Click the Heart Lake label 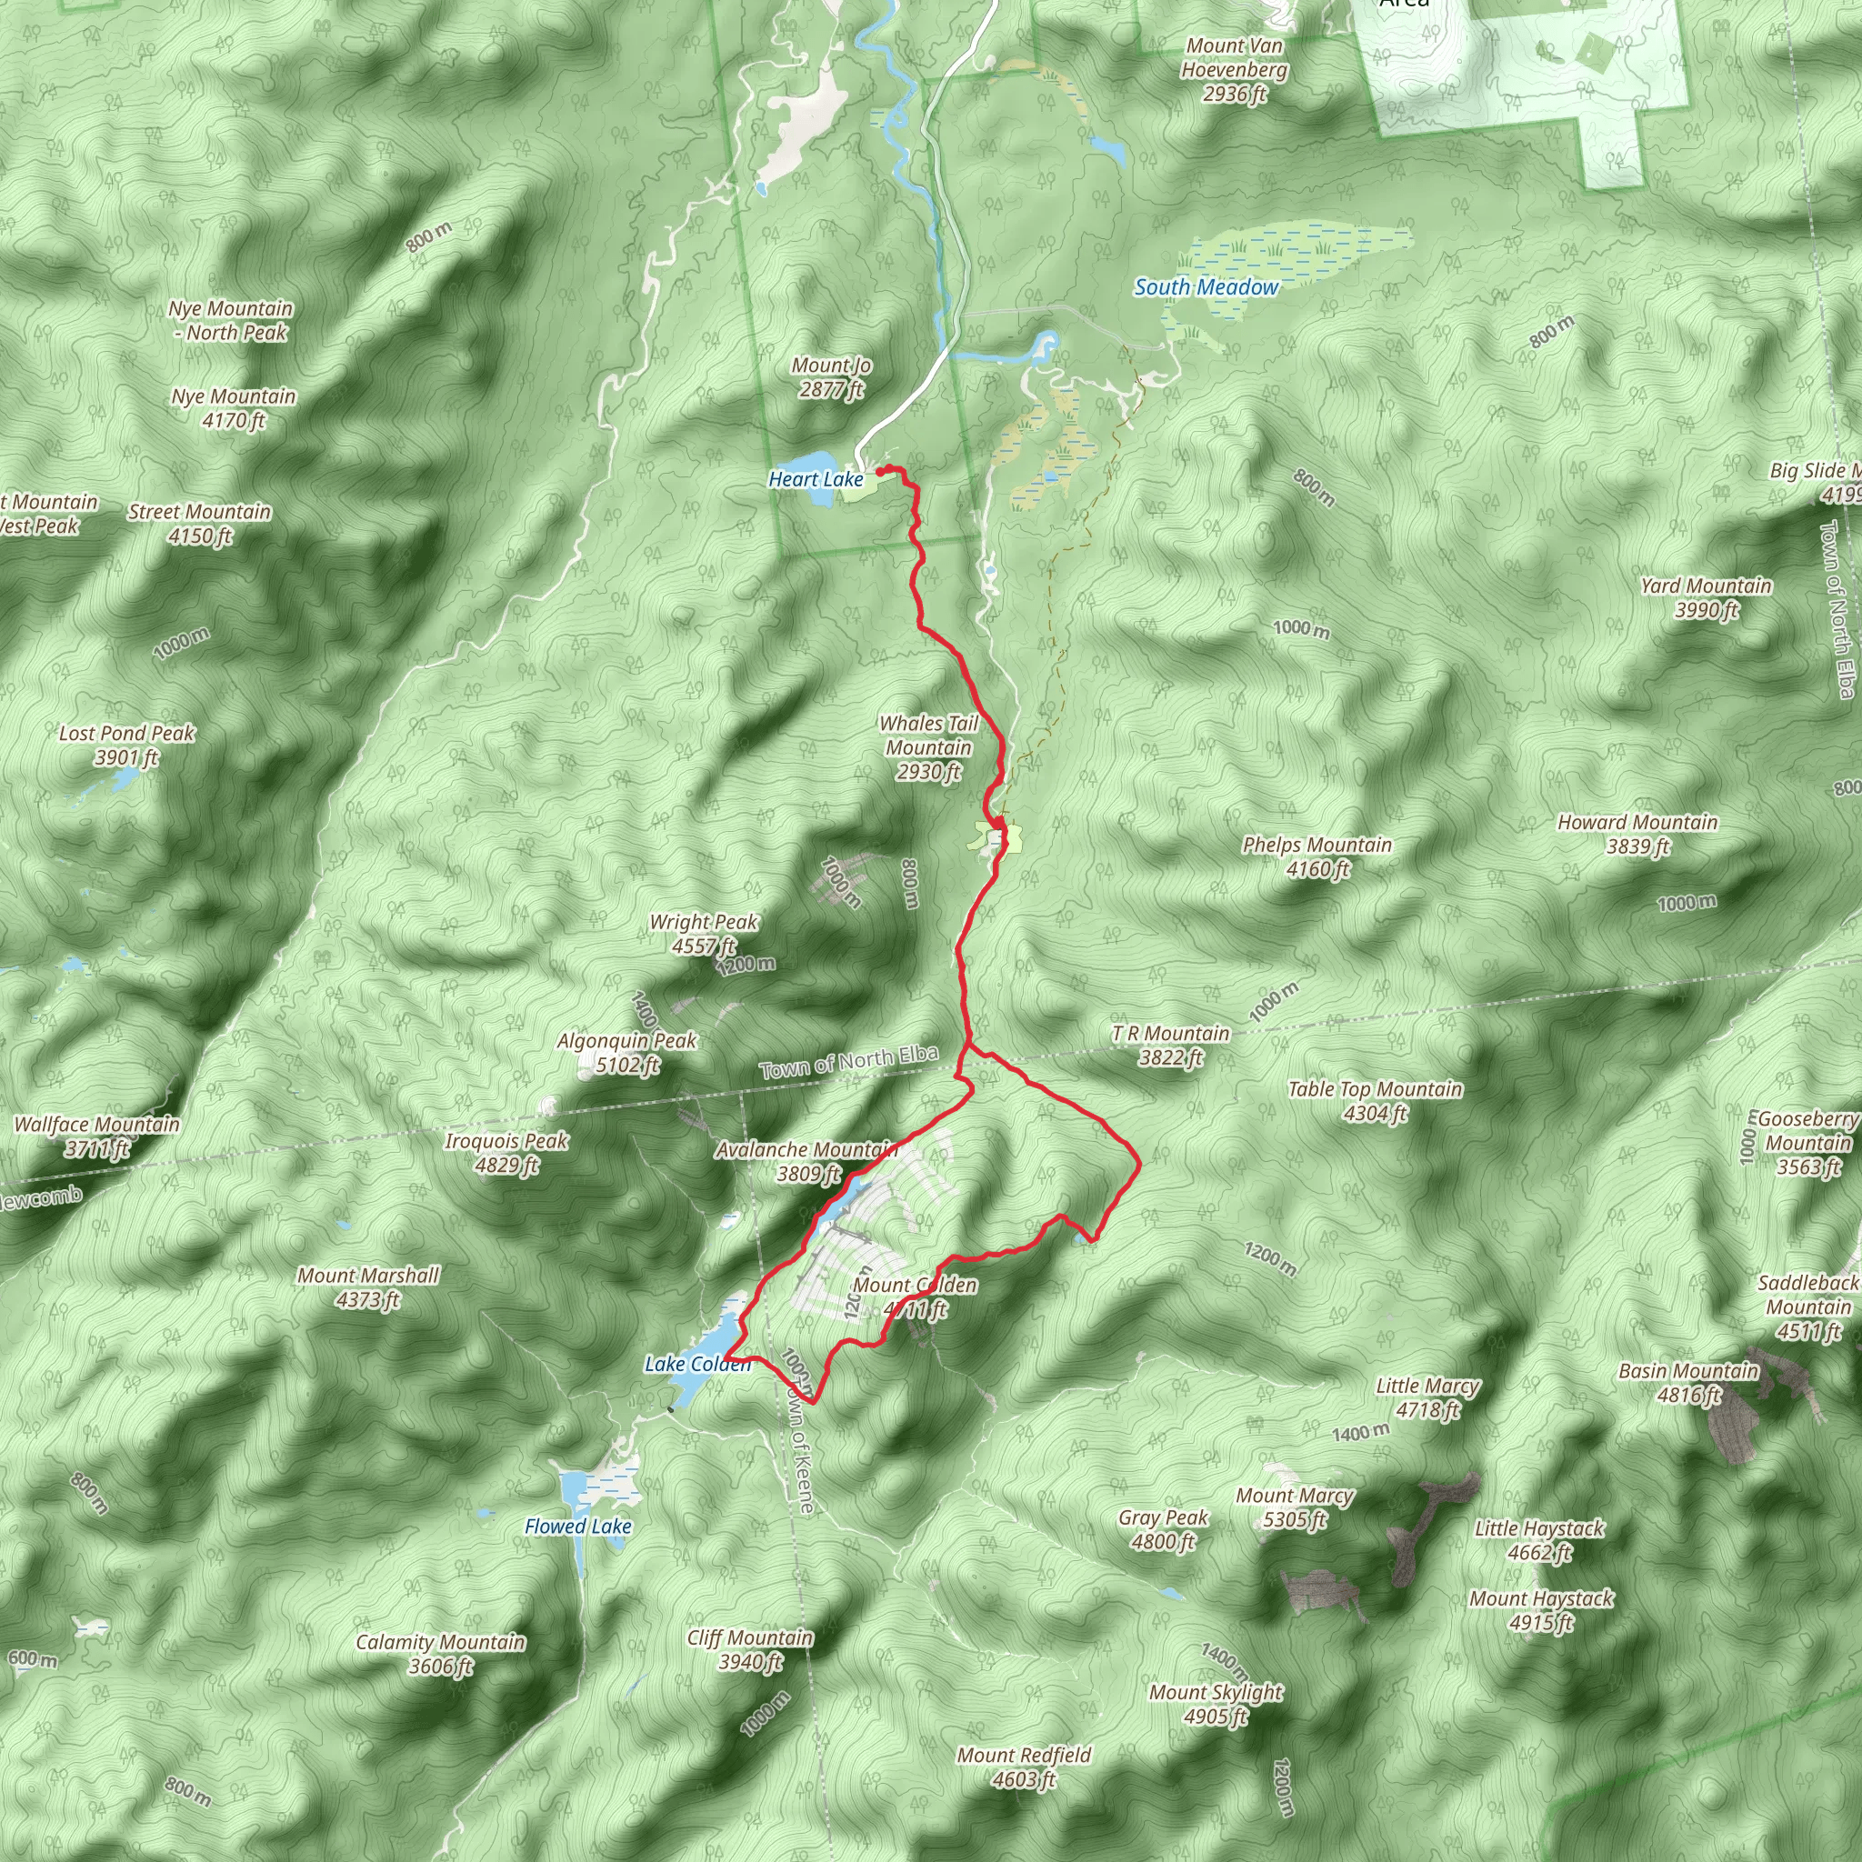(x=816, y=479)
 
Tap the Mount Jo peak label (x=831, y=376)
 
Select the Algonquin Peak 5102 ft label (x=626, y=1053)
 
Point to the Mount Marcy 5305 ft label (x=1295, y=1507)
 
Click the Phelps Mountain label (x=1316, y=856)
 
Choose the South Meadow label (x=1206, y=287)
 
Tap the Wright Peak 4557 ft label (x=704, y=934)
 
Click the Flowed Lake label (x=577, y=1527)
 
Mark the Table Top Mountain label (x=1376, y=1101)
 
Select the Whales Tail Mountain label (x=928, y=747)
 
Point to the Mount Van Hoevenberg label (x=1234, y=69)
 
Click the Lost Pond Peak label (x=126, y=745)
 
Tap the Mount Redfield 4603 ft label (x=1024, y=1767)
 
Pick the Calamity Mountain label (x=440, y=1654)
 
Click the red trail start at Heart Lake (x=881, y=470)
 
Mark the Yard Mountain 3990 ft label (x=1706, y=597)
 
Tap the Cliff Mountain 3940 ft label (x=750, y=1649)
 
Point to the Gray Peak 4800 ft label (x=1163, y=1528)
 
